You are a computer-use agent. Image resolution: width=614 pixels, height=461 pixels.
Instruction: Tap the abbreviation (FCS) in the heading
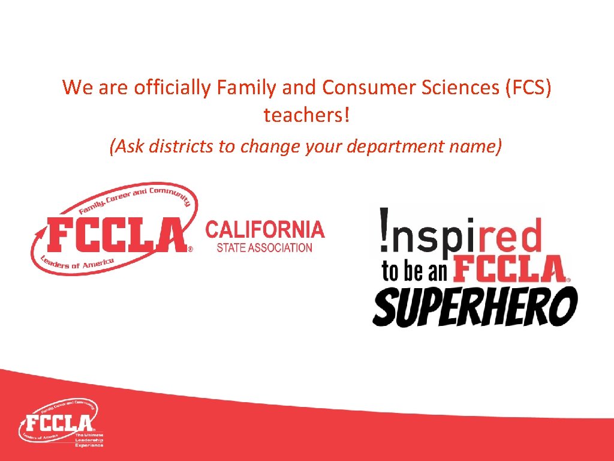(x=528, y=88)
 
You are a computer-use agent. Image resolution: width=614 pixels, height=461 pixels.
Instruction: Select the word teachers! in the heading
(x=306, y=115)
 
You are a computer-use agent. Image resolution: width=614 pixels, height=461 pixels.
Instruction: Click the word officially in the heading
(x=173, y=88)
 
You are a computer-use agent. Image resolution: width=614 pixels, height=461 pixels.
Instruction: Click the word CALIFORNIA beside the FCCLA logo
(x=265, y=229)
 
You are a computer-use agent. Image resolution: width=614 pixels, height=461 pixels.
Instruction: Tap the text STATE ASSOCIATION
(x=260, y=247)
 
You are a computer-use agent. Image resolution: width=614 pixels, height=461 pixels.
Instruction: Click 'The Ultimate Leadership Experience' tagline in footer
(x=89, y=439)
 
